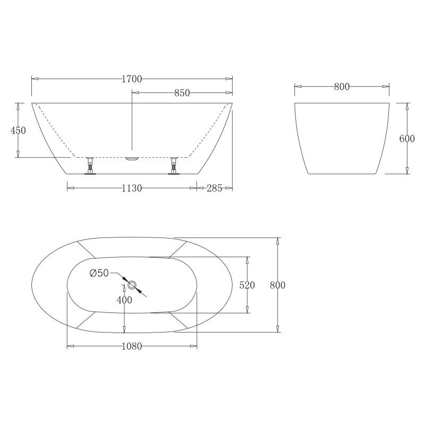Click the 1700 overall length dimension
[x=132, y=79]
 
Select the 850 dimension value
[x=182, y=93]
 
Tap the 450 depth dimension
[x=18, y=131]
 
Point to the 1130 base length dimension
[x=131, y=188]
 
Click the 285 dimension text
[x=215, y=188]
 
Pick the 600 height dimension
[x=406, y=139]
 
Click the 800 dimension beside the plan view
[x=277, y=285]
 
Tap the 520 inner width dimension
[x=247, y=285]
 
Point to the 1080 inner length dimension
[x=132, y=347]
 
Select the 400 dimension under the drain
[x=124, y=300]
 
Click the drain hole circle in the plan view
[x=132, y=285]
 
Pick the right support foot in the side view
[x=173, y=165]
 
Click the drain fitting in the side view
[x=132, y=158]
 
